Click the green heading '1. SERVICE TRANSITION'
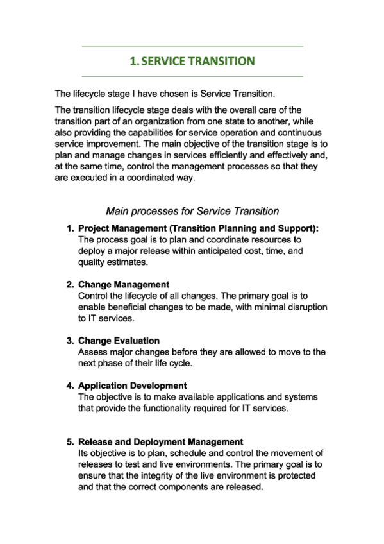pos(192,62)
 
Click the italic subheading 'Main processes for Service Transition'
pos(192,210)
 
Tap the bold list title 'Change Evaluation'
pos(119,341)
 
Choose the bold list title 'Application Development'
pos(132,386)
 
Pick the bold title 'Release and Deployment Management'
pos(160,442)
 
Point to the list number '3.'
pos(71,341)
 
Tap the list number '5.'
pos(71,442)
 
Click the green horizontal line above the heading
pos(192,46)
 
